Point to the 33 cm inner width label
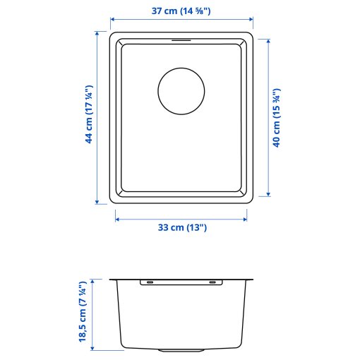181,228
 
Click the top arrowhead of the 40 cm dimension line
268,41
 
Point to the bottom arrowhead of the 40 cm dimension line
268,195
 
